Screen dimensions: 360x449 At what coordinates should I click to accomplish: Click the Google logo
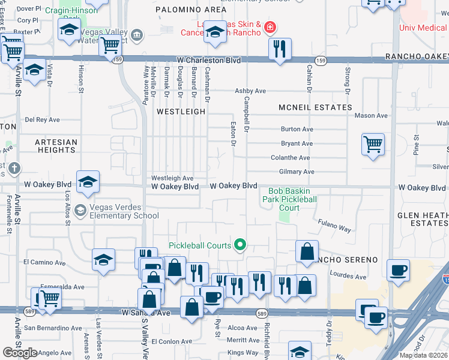click(x=20, y=352)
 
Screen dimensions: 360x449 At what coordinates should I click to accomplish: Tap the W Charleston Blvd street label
click(x=209, y=61)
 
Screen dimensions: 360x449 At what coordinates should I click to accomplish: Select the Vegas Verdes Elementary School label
click(x=124, y=211)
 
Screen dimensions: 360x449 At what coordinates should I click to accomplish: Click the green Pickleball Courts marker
click(x=240, y=244)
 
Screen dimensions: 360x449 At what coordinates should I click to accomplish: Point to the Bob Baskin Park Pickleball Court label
click(x=284, y=199)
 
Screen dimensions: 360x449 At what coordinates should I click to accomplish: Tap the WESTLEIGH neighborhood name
click(x=181, y=112)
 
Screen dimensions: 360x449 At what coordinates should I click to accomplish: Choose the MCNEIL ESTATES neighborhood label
click(x=315, y=107)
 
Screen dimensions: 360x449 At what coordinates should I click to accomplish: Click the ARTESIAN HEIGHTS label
click(x=56, y=146)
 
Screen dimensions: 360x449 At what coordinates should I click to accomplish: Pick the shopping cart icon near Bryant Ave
click(x=373, y=144)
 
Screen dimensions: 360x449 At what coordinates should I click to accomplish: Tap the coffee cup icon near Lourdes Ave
click(x=398, y=269)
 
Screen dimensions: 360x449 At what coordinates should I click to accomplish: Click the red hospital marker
click(x=270, y=27)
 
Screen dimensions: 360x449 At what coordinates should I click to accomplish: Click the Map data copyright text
click(x=424, y=355)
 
